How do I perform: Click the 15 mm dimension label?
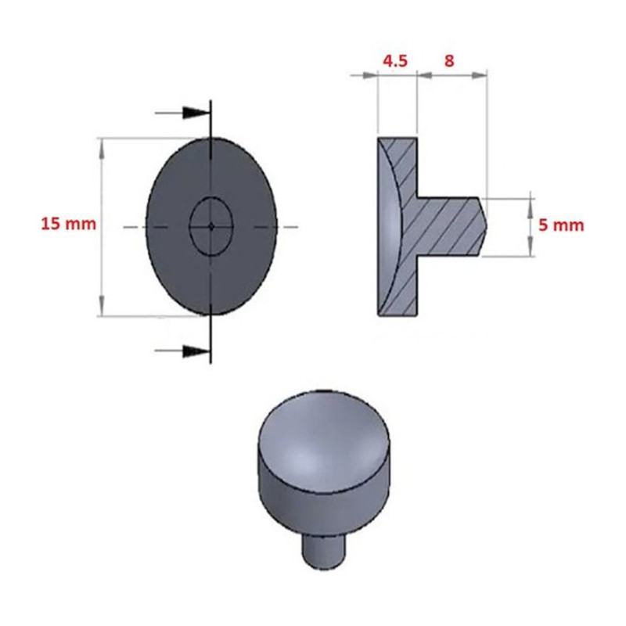pyautogui.click(x=69, y=224)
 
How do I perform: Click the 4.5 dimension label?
pyautogui.click(x=395, y=61)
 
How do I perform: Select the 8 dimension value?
pyautogui.click(x=449, y=61)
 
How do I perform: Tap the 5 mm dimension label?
pyautogui.click(x=561, y=225)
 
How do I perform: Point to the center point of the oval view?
pyautogui.click(x=211, y=227)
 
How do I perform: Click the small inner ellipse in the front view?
pyautogui.click(x=211, y=197)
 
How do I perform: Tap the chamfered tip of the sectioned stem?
pyautogui.click(x=483, y=226)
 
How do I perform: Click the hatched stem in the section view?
pyautogui.click(x=448, y=226)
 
